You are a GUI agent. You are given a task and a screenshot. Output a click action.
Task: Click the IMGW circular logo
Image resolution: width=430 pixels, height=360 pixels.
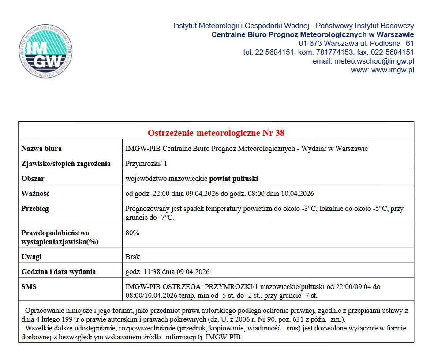click(x=46, y=52)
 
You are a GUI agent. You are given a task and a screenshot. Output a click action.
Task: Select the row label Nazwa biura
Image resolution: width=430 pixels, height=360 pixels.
click(x=41, y=149)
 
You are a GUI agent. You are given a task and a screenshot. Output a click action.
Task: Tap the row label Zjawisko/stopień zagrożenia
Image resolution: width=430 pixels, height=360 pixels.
click(x=66, y=164)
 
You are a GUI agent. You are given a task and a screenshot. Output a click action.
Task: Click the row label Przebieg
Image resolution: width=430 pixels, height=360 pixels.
click(x=35, y=209)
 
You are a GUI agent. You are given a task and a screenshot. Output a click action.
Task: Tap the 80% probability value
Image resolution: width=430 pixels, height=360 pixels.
click(x=132, y=233)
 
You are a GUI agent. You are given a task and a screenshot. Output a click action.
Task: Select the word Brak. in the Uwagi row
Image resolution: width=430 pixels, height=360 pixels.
click(x=134, y=257)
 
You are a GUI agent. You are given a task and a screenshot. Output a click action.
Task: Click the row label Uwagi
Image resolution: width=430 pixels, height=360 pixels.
click(x=31, y=257)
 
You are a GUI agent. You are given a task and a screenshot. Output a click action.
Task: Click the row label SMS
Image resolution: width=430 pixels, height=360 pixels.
click(x=29, y=287)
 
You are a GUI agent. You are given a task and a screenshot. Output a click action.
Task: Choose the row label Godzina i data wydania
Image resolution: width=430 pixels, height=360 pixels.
click(x=59, y=272)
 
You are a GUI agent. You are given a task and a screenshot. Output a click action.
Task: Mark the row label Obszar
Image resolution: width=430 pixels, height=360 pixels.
click(x=33, y=179)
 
